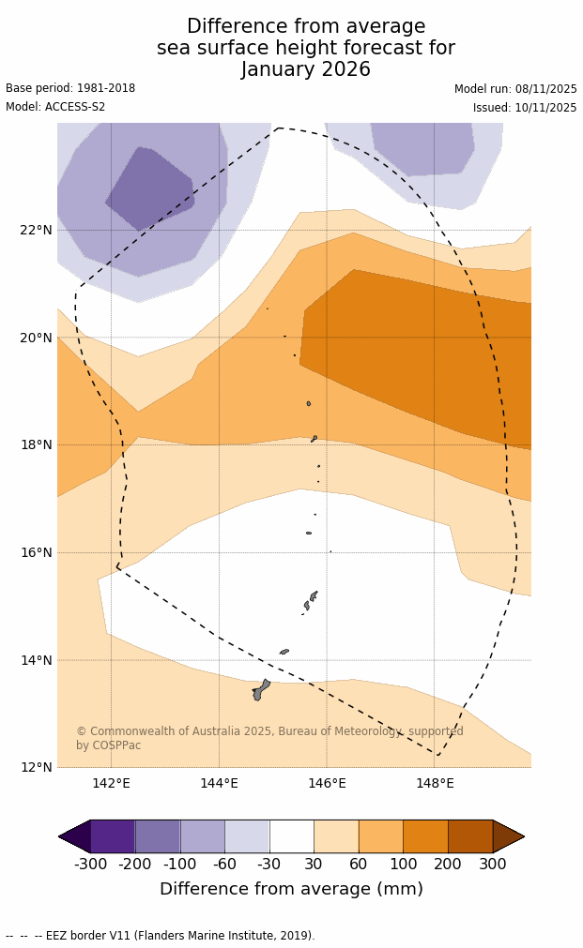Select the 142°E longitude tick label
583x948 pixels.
pos(111,784)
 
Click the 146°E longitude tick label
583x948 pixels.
pos(327,784)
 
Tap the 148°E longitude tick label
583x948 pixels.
pos(435,784)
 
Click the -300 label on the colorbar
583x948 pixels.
pos(91,865)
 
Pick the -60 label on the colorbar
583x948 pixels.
pos(225,865)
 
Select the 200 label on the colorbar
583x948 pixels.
pos(448,865)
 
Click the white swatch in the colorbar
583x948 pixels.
pos(292,836)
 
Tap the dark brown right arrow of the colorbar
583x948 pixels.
pos(508,836)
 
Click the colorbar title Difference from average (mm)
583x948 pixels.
pos(291,890)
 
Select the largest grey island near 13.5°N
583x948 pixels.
pos(259,691)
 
